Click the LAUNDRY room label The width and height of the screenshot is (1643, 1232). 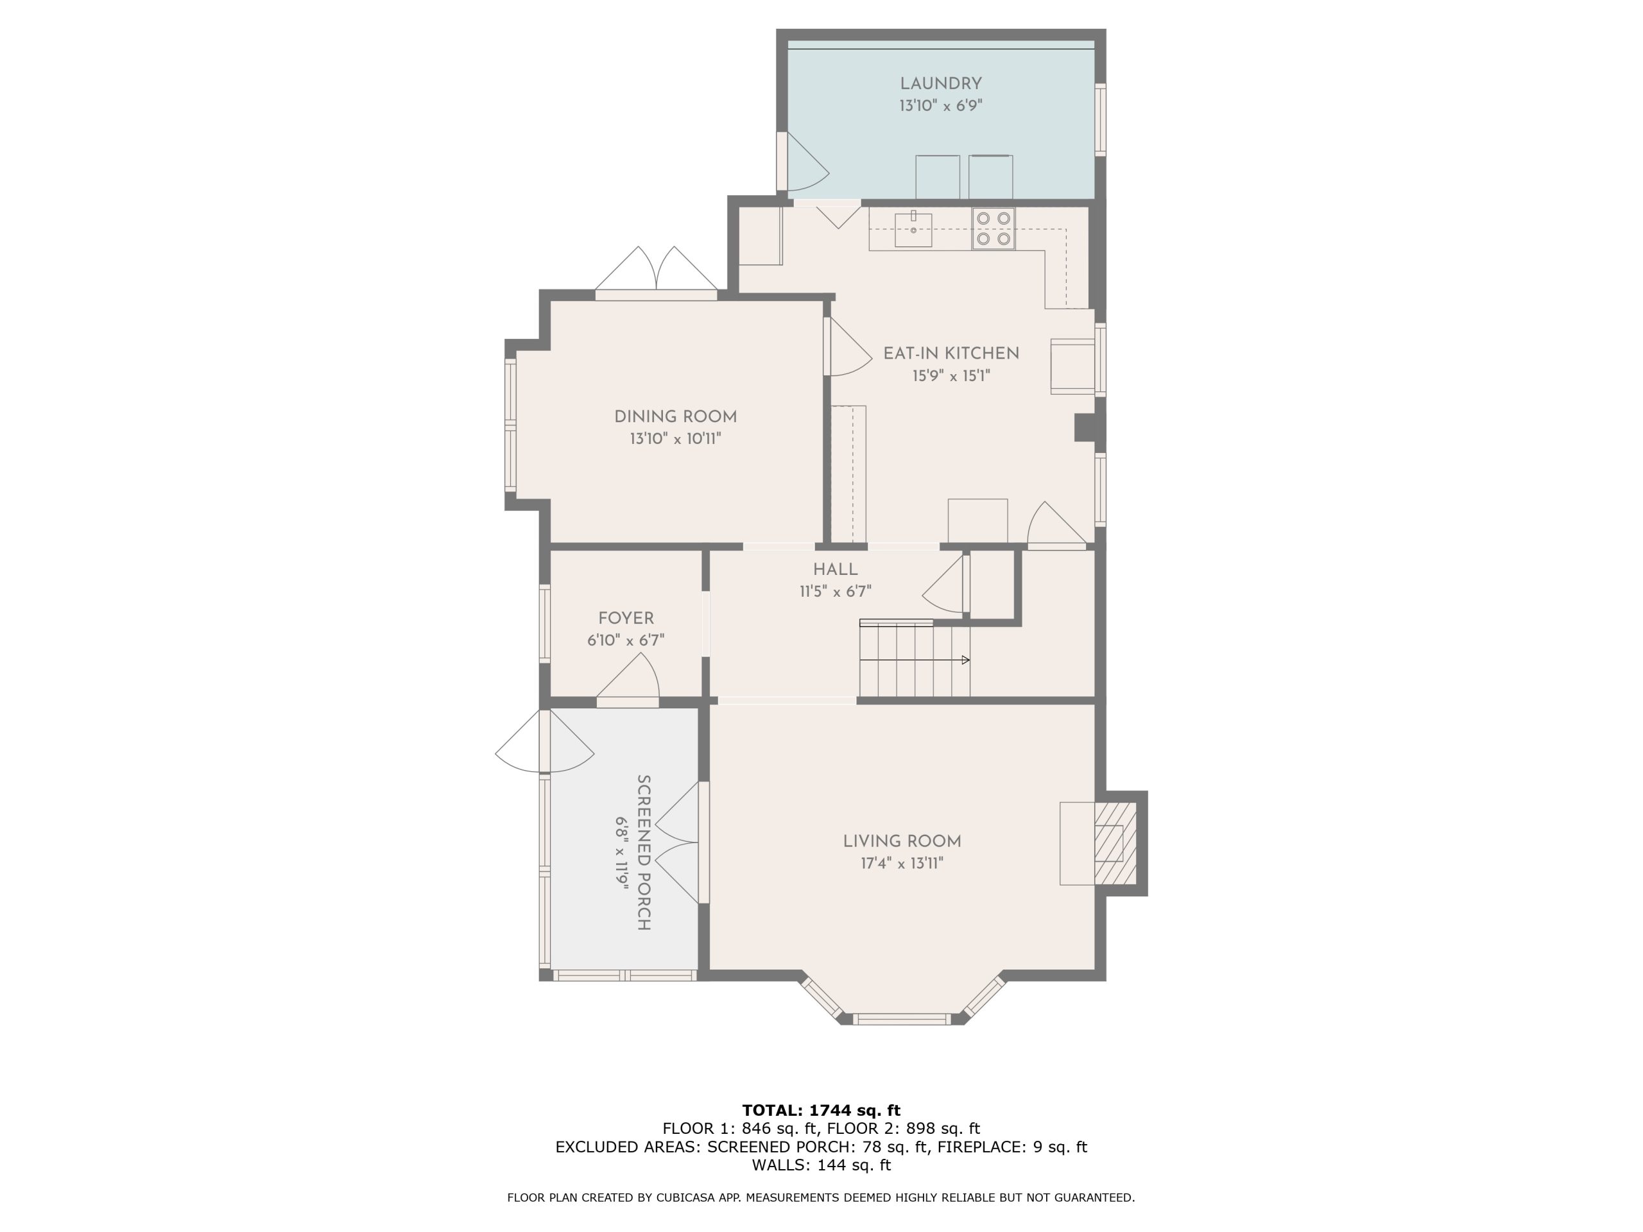[940, 84]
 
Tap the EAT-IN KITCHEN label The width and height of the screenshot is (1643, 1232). [951, 354]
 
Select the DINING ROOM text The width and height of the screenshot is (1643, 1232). [675, 416]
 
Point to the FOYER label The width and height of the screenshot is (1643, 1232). [626, 618]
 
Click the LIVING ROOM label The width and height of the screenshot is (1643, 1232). [902, 841]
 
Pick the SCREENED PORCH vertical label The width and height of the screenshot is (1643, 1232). [644, 853]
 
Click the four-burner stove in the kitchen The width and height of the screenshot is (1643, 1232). [993, 228]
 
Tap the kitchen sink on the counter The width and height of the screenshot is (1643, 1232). [913, 230]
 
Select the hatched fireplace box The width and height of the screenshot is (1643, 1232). [1115, 843]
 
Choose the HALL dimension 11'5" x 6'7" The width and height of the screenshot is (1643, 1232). [835, 592]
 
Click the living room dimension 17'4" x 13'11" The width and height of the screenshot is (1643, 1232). [902, 863]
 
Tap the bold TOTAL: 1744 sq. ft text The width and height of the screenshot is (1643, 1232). [821, 1110]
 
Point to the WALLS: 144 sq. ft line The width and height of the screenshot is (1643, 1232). [821, 1165]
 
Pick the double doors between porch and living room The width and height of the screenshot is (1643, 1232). [676, 842]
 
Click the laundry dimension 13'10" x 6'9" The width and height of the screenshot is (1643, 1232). [940, 105]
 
